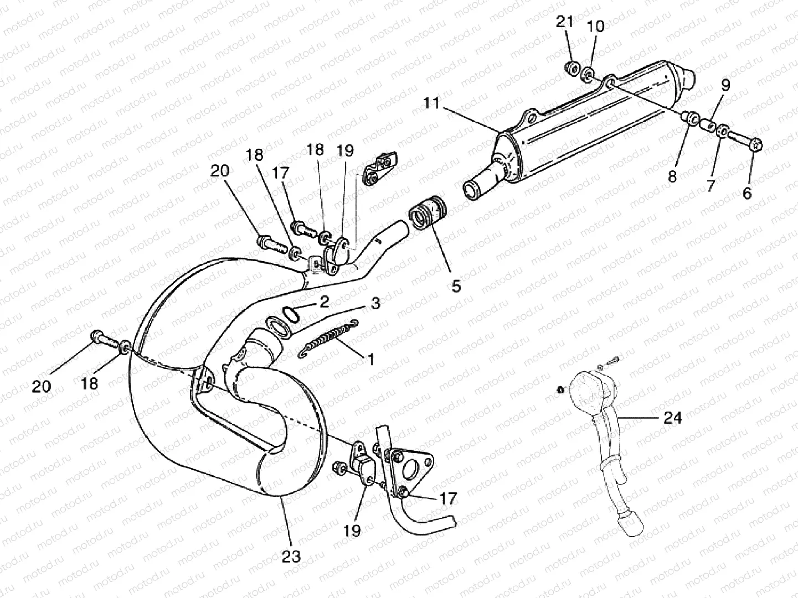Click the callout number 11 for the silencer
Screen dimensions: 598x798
point(431,103)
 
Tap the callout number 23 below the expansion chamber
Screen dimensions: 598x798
point(291,555)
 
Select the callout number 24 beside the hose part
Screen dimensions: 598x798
point(672,418)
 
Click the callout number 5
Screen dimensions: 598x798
point(456,286)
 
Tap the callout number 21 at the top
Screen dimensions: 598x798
point(564,23)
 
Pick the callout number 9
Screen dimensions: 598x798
point(725,85)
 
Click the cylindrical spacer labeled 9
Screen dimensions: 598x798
point(706,125)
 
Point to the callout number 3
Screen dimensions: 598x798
point(375,304)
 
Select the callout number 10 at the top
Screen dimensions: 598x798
point(596,26)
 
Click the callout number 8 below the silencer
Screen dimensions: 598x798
point(672,176)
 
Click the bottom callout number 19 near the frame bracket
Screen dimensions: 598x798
point(352,531)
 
